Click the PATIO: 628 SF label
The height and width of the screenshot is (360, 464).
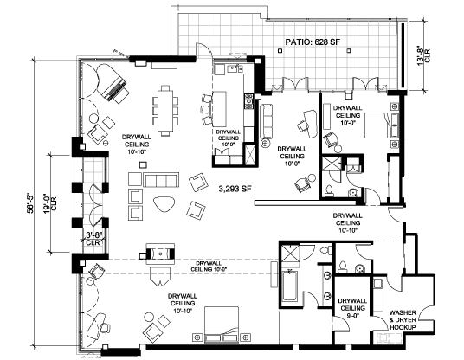[x=313, y=42]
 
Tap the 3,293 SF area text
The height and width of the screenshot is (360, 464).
[x=235, y=189]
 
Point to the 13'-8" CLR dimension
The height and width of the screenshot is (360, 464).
[x=423, y=55]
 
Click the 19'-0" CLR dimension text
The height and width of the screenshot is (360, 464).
[x=49, y=202]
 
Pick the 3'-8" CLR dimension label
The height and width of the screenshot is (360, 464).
[x=93, y=239]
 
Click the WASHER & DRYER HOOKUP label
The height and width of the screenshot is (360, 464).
[x=403, y=320]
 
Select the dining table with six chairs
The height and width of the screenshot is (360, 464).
[x=165, y=111]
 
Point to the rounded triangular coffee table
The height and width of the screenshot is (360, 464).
[x=164, y=203]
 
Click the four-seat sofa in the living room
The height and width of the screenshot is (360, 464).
[x=161, y=180]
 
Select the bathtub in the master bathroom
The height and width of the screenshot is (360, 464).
[x=290, y=285]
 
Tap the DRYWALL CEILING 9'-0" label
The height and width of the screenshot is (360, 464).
[x=352, y=308]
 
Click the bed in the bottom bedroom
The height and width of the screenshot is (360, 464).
[x=222, y=325]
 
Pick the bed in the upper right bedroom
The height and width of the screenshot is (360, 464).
[x=382, y=125]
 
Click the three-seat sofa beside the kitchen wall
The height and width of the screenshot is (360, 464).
[x=266, y=121]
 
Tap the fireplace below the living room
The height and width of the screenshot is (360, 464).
[x=160, y=254]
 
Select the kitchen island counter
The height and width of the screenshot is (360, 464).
[x=219, y=108]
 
